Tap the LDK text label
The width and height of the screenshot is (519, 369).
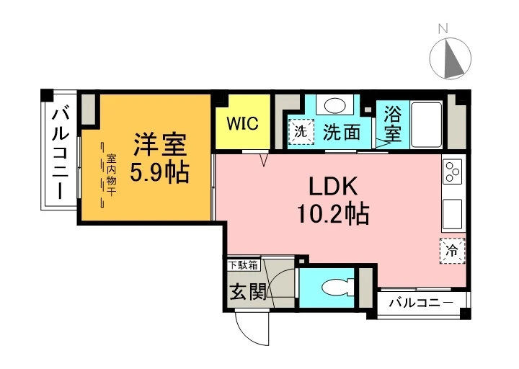(x=334, y=187)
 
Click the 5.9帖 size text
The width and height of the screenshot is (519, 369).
(x=159, y=172)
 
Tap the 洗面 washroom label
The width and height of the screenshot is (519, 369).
(x=341, y=132)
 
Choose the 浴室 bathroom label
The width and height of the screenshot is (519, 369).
(x=392, y=123)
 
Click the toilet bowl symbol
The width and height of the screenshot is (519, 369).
(x=335, y=288)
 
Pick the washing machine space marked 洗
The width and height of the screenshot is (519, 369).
(x=301, y=131)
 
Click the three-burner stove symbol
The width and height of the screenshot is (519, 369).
(x=453, y=172)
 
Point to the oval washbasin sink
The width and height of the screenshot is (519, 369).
(x=334, y=105)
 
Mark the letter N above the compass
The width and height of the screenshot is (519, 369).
(x=443, y=29)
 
